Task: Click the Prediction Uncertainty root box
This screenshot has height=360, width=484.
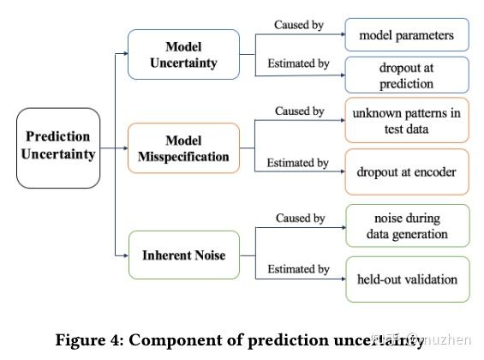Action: pos(57,147)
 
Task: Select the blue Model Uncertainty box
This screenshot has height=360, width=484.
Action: pos(183,54)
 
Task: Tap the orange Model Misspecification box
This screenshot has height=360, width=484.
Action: pos(183,147)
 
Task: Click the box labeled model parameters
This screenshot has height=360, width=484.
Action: pos(407,36)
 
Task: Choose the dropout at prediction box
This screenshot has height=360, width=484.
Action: pos(407,75)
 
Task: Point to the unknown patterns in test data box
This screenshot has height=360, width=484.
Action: pos(407,121)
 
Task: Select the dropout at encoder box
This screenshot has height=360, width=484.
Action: pos(407,172)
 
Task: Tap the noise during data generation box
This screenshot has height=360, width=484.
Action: pos(407,225)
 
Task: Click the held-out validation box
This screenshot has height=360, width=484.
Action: pos(407,279)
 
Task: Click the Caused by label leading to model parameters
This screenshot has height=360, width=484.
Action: pos(298,25)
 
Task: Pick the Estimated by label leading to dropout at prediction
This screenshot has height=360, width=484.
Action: pos(298,63)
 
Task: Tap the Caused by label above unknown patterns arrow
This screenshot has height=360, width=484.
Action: pos(298,111)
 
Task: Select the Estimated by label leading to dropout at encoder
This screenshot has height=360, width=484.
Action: pos(298,163)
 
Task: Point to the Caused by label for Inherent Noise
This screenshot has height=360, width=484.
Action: pos(298,219)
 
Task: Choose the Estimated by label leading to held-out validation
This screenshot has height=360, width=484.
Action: pos(298,269)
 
